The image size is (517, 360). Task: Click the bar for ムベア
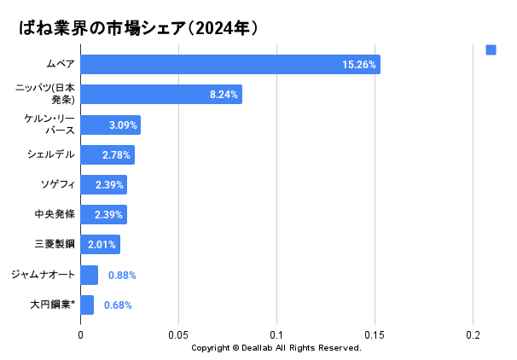[x=230, y=65]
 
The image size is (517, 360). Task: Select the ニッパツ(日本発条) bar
[x=161, y=95]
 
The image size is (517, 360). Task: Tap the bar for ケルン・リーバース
[x=111, y=125]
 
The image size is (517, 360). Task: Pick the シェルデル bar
[x=107, y=155]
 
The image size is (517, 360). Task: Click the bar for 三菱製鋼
[x=100, y=245]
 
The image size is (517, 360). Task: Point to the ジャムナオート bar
[x=90, y=275]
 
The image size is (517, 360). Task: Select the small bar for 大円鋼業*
[x=87, y=305]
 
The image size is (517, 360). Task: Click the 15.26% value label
[x=359, y=65]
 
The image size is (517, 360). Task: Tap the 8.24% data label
[x=224, y=95]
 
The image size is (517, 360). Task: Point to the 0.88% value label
[x=122, y=275]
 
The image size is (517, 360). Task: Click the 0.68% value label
[x=118, y=305]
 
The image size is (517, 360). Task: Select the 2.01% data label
[x=102, y=245]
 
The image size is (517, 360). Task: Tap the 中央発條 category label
[x=55, y=215]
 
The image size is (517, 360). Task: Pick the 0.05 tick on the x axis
[x=178, y=334]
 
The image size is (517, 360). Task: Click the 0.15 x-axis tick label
[x=375, y=334]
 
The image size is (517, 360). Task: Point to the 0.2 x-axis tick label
[x=473, y=334]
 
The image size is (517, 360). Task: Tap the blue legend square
[x=491, y=49]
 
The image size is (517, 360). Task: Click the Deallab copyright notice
[x=276, y=348]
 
